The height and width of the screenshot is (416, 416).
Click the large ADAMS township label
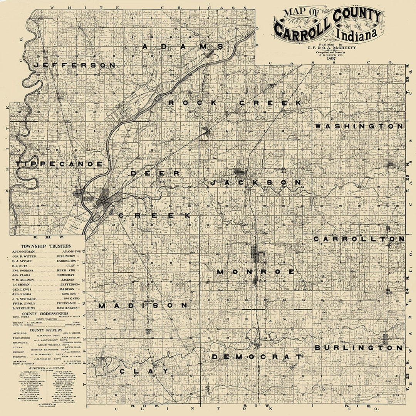183,47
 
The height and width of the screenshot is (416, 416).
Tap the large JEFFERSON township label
74,65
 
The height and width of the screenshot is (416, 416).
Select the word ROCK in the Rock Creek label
188,103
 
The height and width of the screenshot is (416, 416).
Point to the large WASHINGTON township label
359,126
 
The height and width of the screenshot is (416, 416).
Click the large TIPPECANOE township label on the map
59,164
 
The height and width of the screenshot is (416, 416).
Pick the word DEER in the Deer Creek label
155,174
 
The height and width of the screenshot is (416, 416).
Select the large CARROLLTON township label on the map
359,239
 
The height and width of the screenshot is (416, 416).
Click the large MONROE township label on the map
256,272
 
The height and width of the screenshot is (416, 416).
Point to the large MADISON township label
143,306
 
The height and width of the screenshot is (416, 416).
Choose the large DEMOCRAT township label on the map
256,357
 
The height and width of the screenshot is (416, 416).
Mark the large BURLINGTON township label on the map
359,348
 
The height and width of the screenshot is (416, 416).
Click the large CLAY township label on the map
144,371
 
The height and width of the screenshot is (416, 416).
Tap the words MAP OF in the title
300,12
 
